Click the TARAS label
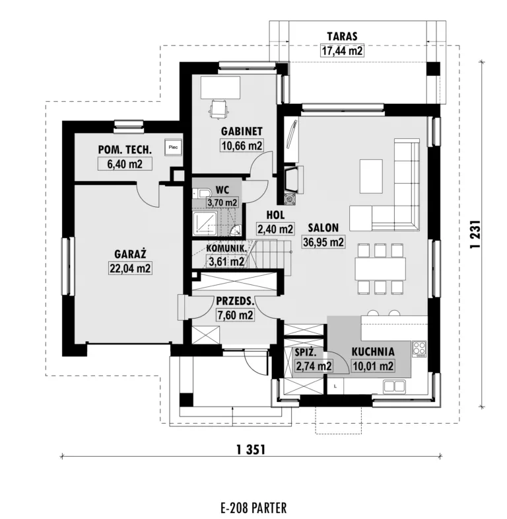(x=342, y=36)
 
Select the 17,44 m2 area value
(x=342, y=51)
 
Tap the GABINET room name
(x=242, y=132)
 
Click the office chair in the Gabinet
(x=218, y=108)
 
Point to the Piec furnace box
(x=173, y=147)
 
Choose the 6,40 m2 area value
(x=125, y=164)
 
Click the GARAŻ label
(x=130, y=254)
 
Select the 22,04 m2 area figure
(x=130, y=268)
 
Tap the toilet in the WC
(x=201, y=193)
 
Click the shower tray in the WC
(x=205, y=223)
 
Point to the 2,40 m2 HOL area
(x=275, y=229)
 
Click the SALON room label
(x=323, y=227)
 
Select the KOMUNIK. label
(x=226, y=248)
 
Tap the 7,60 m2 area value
(x=235, y=315)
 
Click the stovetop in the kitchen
(x=419, y=349)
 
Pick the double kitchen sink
(x=394, y=386)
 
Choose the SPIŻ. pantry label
(x=306, y=353)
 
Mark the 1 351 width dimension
(x=251, y=450)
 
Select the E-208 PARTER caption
(x=253, y=507)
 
